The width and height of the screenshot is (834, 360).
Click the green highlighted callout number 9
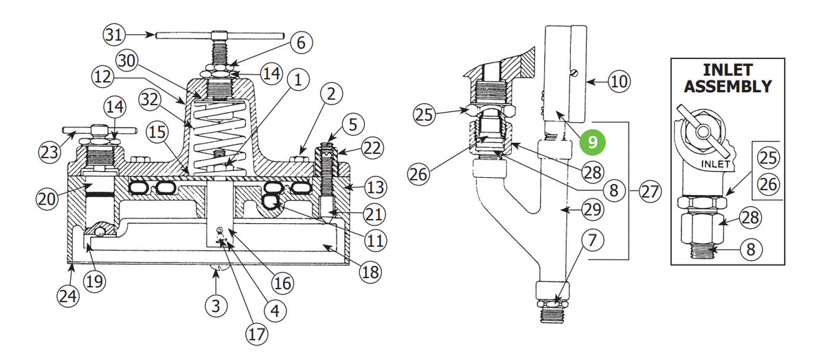pyautogui.click(x=592, y=142)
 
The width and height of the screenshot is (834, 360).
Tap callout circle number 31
pyautogui.click(x=114, y=34)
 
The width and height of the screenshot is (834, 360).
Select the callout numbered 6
pyautogui.click(x=301, y=43)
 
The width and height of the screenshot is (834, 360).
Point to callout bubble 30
pyautogui.click(x=126, y=60)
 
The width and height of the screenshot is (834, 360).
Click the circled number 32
pyautogui.click(x=150, y=100)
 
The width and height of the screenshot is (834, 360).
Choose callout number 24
pyautogui.click(x=68, y=296)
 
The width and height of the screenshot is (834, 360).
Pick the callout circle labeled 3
pyautogui.click(x=216, y=306)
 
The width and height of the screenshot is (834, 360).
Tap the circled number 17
pyautogui.click(x=257, y=334)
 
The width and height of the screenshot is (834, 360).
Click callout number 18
pyautogui.click(x=370, y=272)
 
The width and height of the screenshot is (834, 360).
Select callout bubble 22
pyautogui.click(x=372, y=148)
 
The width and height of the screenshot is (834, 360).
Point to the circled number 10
pyautogui.click(x=620, y=81)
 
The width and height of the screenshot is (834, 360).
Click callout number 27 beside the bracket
pyautogui.click(x=650, y=192)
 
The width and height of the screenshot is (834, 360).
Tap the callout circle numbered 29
pyautogui.click(x=592, y=210)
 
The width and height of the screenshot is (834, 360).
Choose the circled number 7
pyautogui.click(x=592, y=240)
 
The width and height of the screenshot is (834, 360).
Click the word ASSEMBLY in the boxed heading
pyautogui.click(x=728, y=87)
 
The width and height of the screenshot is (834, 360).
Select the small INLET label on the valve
pyautogui.click(x=715, y=164)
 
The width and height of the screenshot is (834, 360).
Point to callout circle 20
pyautogui.click(x=47, y=199)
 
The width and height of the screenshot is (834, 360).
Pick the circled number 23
pyautogui.click(x=50, y=153)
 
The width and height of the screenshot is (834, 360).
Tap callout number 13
pyautogui.click(x=375, y=187)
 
